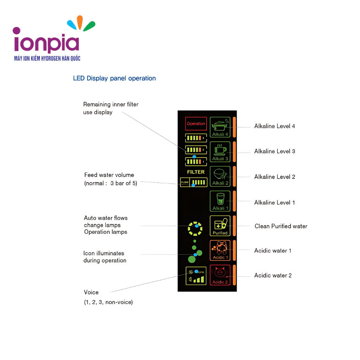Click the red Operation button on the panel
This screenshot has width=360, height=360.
click(x=196, y=123)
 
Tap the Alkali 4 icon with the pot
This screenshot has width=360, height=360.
click(x=220, y=127)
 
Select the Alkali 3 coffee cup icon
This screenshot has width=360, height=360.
click(x=220, y=152)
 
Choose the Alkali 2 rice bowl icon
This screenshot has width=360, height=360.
click(x=220, y=176)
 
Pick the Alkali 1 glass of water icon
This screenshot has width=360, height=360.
click(x=220, y=201)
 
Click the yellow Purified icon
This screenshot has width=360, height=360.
click(x=220, y=226)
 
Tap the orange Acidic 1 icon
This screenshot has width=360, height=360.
click(x=220, y=250)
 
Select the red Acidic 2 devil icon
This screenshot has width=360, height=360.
click(x=220, y=275)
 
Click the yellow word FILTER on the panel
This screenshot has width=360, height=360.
click(x=196, y=172)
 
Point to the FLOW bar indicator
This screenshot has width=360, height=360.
click(x=194, y=183)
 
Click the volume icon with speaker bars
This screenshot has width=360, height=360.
click(x=196, y=276)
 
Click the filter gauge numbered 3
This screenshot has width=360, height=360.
click(x=196, y=138)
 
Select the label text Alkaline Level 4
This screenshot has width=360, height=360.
click(x=274, y=126)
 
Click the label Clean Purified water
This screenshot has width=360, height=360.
click(x=281, y=226)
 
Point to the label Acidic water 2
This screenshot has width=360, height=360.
click(x=273, y=275)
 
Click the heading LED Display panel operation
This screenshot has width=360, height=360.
click(x=114, y=78)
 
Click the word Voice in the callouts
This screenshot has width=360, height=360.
click(x=91, y=292)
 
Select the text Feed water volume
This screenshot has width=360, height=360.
click(x=109, y=175)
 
